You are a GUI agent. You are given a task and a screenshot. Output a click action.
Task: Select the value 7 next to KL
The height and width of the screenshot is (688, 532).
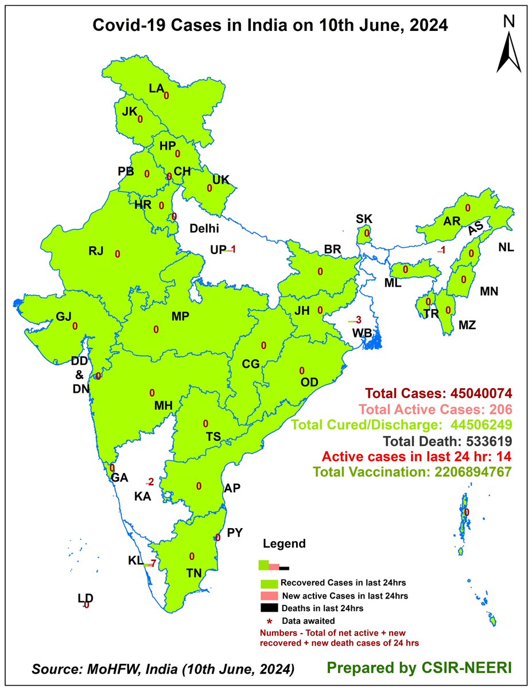pos(153,563)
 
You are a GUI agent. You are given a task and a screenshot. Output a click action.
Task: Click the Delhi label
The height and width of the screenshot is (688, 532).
pos(205,228)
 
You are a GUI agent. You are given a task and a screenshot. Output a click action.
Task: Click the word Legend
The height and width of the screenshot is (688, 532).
pos(284,544)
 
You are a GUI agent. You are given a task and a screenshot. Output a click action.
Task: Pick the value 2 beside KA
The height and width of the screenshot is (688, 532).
pos(150,481)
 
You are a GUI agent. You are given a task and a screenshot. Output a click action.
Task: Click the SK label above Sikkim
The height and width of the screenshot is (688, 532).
pos(364,218)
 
